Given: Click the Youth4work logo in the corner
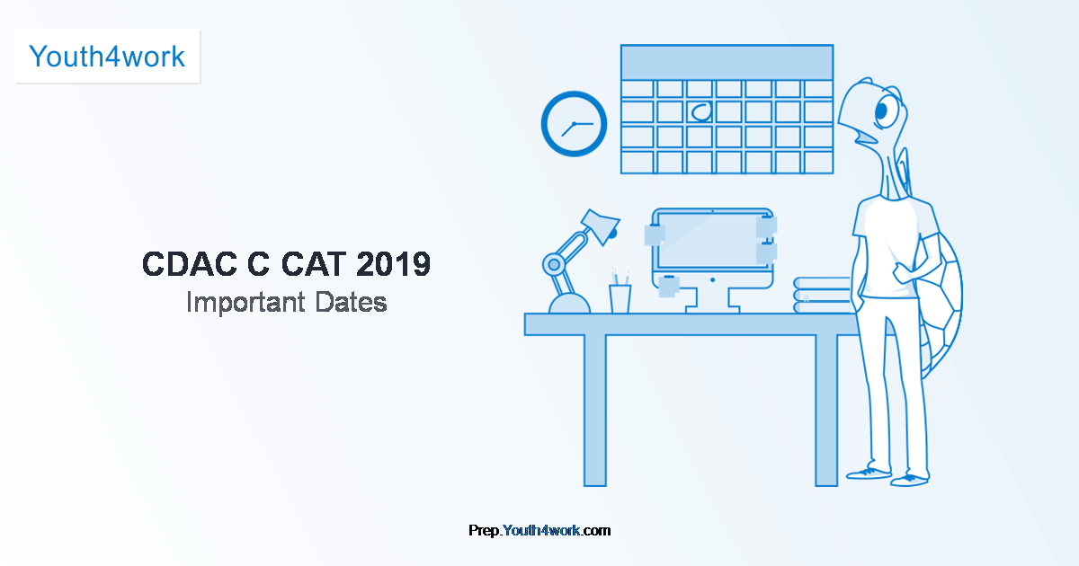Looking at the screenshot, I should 107,57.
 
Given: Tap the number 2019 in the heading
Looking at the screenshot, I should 393,264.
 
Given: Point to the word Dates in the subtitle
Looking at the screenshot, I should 351,302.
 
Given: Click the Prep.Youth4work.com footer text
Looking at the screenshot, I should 539,530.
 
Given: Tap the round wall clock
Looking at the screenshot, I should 574,124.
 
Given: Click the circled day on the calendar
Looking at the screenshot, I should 700,112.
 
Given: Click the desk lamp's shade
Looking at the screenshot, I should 599,224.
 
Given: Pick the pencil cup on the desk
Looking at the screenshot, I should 620,297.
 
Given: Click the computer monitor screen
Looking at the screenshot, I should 710,237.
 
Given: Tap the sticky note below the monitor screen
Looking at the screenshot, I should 670,286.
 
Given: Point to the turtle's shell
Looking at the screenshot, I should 942,296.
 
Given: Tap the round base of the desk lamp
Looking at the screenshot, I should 569,304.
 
